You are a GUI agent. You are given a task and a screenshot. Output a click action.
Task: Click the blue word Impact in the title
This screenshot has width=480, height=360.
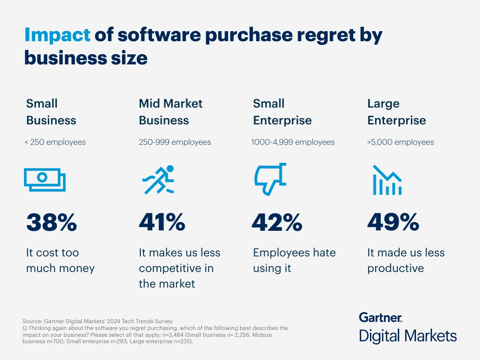(x=58, y=35)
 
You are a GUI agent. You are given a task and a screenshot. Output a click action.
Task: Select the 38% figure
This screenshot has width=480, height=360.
(x=52, y=222)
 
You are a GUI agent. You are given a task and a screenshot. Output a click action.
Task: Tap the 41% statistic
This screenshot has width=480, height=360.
(x=162, y=222)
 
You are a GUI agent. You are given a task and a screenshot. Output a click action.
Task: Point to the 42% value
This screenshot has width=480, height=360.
(x=277, y=222)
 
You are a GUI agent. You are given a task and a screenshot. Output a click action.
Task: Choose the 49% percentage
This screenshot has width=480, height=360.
(x=393, y=222)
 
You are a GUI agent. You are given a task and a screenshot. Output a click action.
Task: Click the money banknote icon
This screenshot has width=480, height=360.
(x=45, y=179)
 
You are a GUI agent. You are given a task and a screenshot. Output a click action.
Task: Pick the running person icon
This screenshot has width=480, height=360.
(x=159, y=180)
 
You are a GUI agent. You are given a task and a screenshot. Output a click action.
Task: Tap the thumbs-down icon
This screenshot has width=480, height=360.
(x=271, y=179)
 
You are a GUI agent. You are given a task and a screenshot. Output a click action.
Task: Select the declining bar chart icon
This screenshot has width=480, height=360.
(x=387, y=180)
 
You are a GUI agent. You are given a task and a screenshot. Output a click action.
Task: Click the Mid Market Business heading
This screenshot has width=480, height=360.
(x=170, y=112)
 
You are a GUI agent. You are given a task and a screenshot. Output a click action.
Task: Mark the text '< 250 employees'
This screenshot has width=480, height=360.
(x=55, y=142)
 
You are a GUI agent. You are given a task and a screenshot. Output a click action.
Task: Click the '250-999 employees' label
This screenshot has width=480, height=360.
(x=175, y=142)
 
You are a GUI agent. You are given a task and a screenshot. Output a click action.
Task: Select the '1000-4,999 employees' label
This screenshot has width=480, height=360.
(x=293, y=142)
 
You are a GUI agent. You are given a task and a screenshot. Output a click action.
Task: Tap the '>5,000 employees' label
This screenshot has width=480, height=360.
(x=400, y=142)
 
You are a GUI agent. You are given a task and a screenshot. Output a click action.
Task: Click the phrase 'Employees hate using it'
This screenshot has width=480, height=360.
(x=294, y=260)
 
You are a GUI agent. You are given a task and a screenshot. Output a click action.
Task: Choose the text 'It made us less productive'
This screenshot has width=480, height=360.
(x=406, y=260)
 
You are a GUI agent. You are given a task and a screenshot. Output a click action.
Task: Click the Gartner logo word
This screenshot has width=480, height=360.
(x=380, y=318)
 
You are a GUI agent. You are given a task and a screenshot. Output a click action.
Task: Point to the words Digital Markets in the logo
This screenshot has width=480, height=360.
(x=408, y=336)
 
